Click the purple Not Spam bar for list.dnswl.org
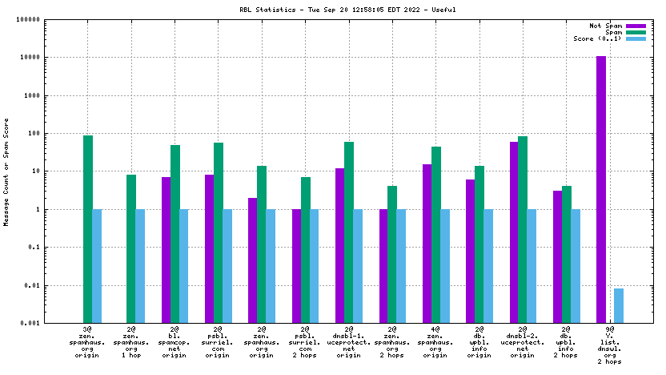coord(601,189)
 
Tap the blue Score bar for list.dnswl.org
coord(619,305)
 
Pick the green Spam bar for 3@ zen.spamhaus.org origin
coord(88,229)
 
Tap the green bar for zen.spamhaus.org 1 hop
coord(131,248)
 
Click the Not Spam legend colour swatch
coord(636,26)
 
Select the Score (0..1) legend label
coord(597,38)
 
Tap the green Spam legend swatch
coord(636,32)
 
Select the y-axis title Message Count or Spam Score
coord(7,171)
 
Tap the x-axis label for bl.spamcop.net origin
coord(175,344)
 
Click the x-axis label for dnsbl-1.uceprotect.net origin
coord(348,344)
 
